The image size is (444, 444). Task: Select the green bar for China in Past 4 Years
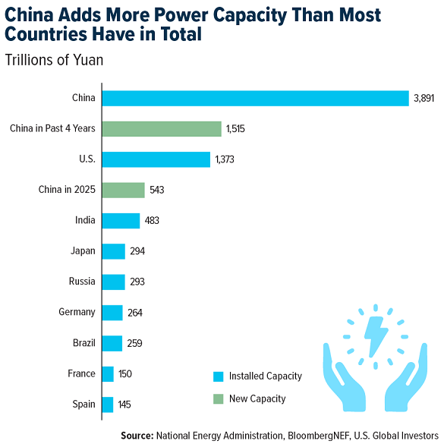tap(161, 128)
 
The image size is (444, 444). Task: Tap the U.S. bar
tap(156, 159)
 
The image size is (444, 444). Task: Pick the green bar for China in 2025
tap(123, 190)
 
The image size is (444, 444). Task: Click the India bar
tap(121, 221)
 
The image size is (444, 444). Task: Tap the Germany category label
tap(77, 312)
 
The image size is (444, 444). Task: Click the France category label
tap(81, 373)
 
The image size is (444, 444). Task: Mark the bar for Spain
tap(107, 405)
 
